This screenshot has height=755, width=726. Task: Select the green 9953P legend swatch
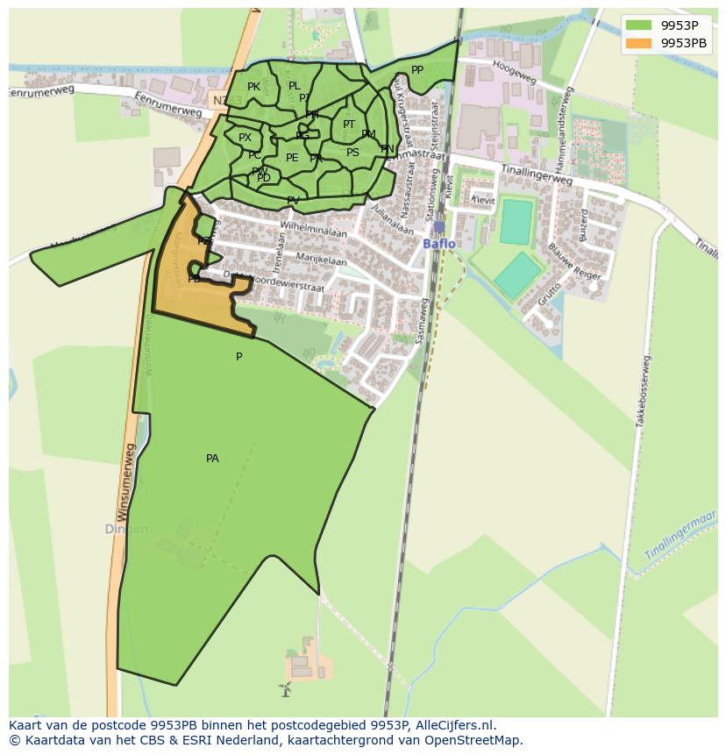[x=638, y=25]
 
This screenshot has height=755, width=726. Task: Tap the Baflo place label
[x=438, y=244]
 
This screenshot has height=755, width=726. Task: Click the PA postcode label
[x=212, y=459]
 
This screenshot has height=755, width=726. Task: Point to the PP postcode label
[x=417, y=70]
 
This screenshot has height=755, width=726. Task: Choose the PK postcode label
[x=253, y=87]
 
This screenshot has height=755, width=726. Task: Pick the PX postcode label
[x=245, y=138]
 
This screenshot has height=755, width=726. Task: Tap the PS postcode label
[x=352, y=153]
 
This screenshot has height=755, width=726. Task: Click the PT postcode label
[x=349, y=125]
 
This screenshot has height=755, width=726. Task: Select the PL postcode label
[x=294, y=86]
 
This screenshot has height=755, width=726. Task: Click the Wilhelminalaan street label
[x=313, y=230]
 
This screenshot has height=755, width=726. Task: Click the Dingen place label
[x=126, y=530]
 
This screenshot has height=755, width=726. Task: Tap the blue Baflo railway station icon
[x=438, y=227]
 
